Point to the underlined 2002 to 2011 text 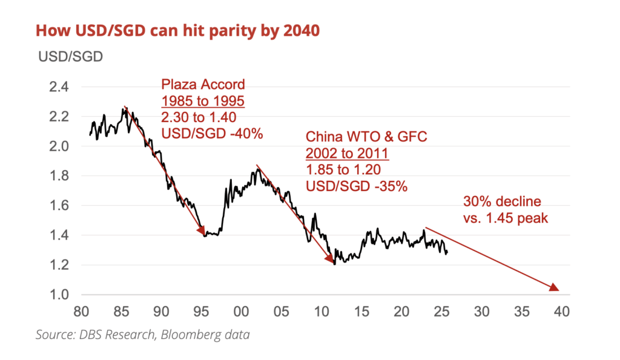348,154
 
